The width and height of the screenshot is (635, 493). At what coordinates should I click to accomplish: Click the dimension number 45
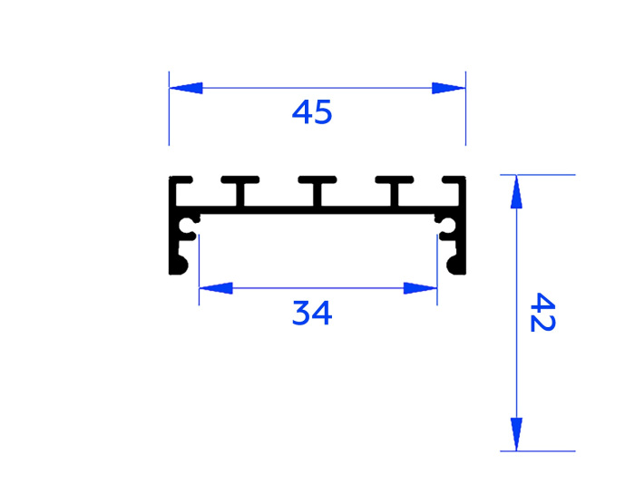pyautogui.click(x=312, y=113)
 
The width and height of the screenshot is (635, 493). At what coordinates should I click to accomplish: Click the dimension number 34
pyautogui.click(x=312, y=314)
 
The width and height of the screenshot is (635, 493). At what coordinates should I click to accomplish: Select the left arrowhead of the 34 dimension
pyautogui.click(x=215, y=288)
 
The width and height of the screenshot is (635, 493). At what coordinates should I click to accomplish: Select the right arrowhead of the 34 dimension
pyautogui.click(x=421, y=288)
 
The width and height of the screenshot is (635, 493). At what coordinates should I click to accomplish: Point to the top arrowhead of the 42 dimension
pyautogui.click(x=516, y=191)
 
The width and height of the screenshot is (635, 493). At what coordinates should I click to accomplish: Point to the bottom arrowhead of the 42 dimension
pyautogui.click(x=516, y=433)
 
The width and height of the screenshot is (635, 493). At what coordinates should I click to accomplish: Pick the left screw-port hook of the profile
pyautogui.click(x=190, y=227)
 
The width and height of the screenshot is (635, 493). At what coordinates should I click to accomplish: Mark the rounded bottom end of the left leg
pyautogui.click(x=178, y=266)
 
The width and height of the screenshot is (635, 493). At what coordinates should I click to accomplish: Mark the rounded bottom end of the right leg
pyautogui.click(x=456, y=266)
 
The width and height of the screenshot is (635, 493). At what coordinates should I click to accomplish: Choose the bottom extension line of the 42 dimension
pyautogui.click(x=544, y=450)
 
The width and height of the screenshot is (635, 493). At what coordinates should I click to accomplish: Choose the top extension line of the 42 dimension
pyautogui.click(x=544, y=174)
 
